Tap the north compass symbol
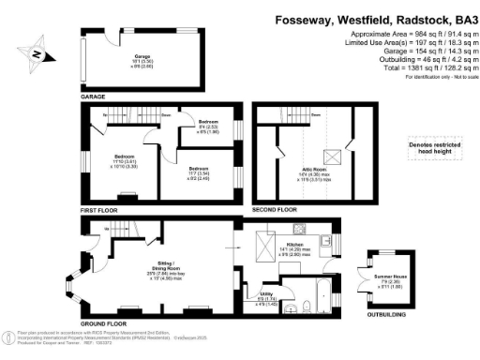[35, 54]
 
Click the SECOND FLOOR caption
[276, 210]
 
